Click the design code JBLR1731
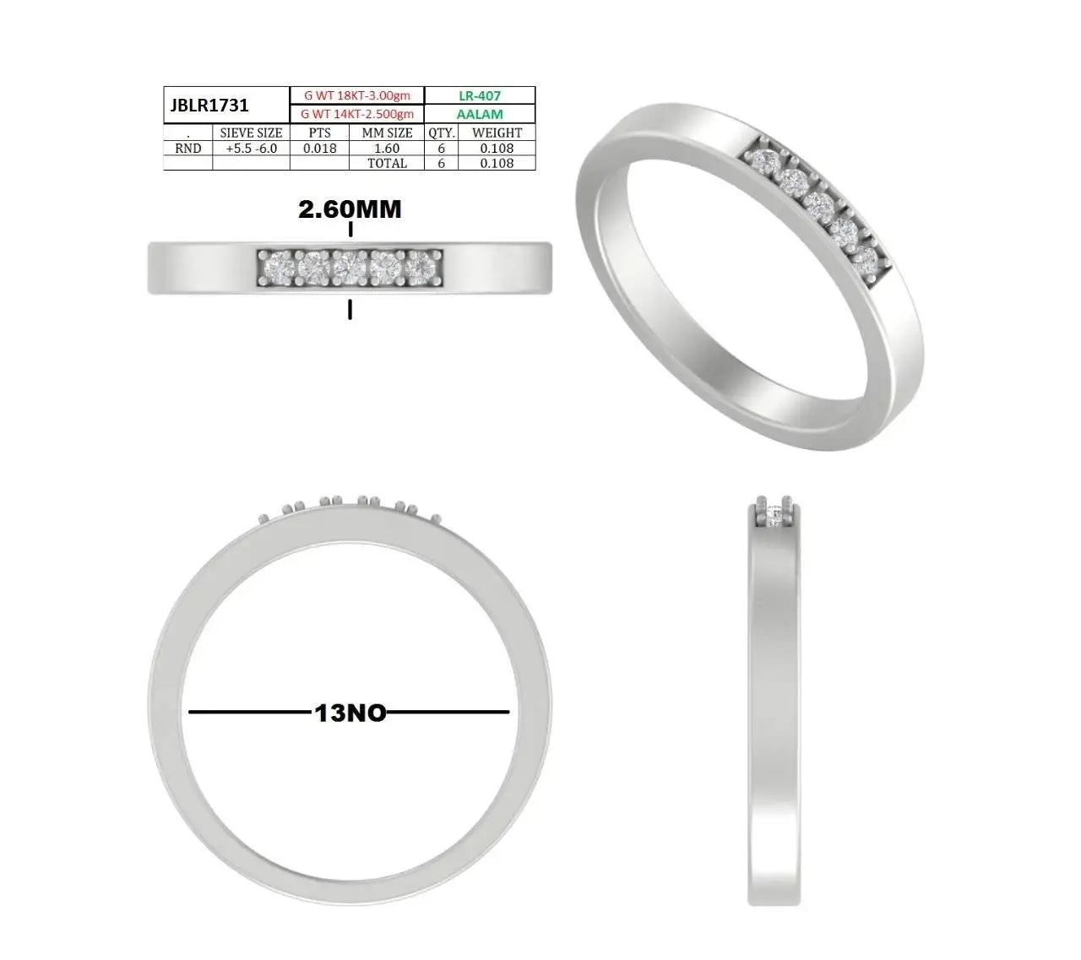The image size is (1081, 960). (209, 106)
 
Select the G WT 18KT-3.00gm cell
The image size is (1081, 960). (357, 95)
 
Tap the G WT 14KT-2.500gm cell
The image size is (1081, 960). (357, 114)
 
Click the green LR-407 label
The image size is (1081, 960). (480, 95)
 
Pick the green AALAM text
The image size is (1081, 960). (480, 114)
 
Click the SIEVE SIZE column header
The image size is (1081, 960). (251, 133)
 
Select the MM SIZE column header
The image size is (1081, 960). (387, 133)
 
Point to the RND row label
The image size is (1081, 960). (187, 148)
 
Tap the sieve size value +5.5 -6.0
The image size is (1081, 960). (251, 148)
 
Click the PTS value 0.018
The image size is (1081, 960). (319, 148)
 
